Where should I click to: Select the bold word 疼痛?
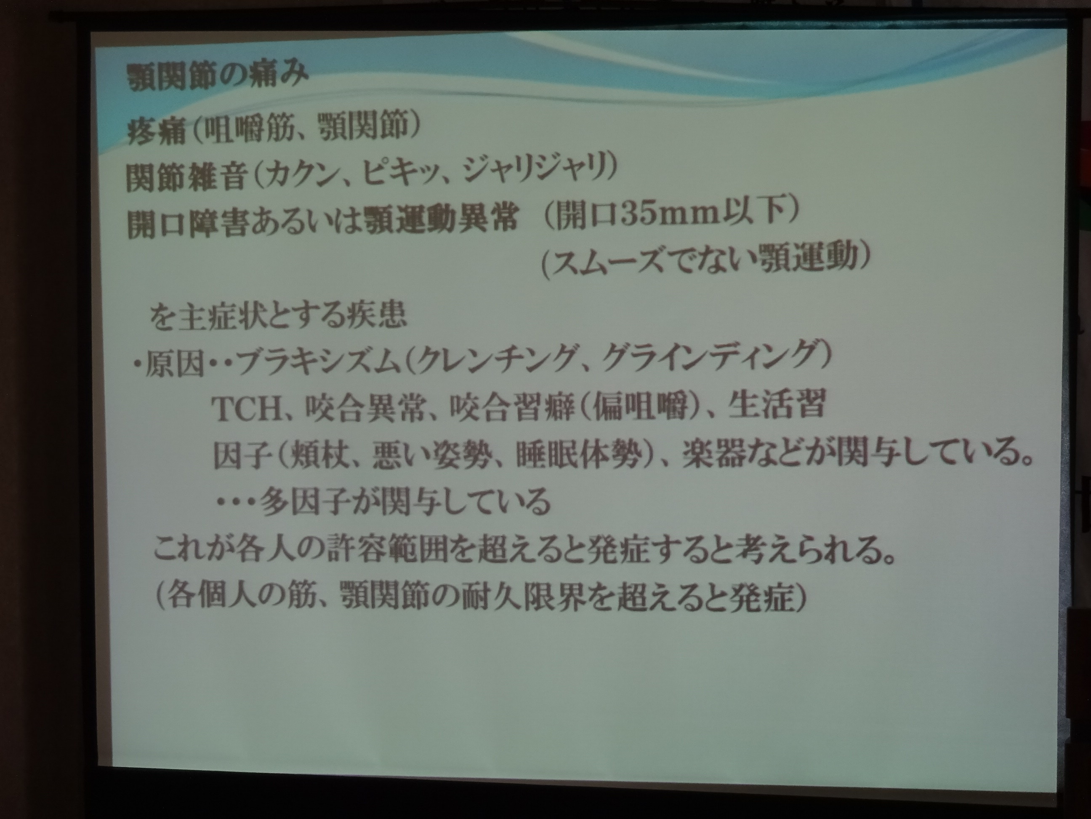tap(156, 130)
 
